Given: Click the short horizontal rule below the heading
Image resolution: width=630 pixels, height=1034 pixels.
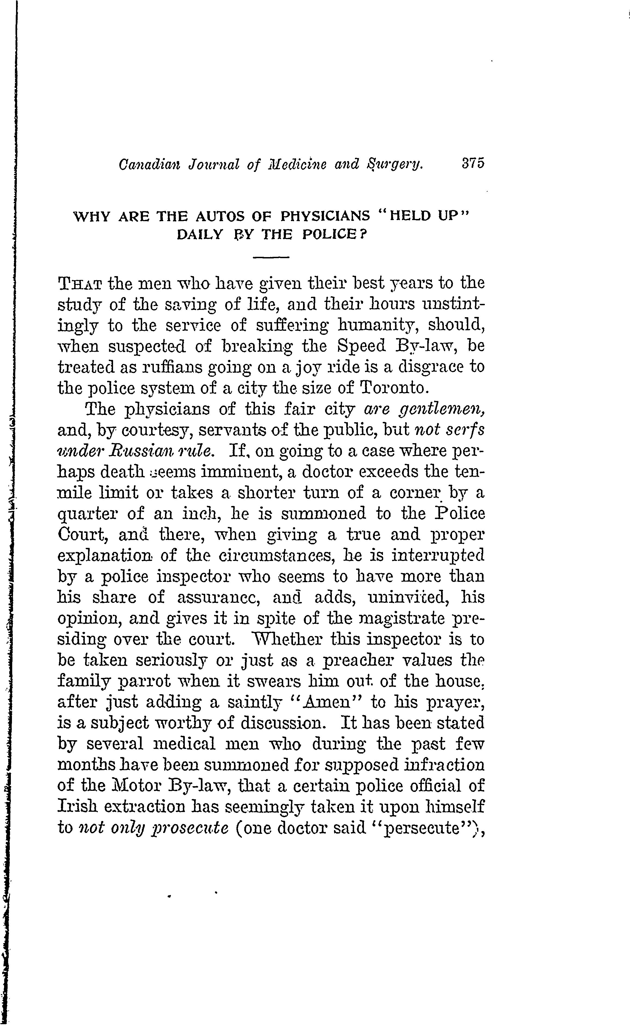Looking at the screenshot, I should [271, 257].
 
